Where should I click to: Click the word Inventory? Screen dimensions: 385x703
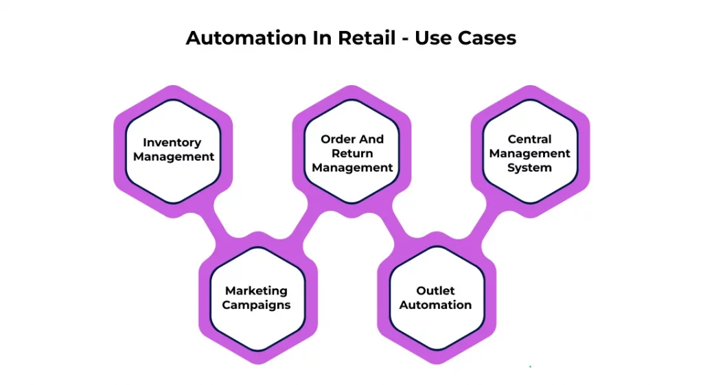172,143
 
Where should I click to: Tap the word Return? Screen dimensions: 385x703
352,153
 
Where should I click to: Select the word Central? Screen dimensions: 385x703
529,139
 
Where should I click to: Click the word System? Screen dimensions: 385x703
529,167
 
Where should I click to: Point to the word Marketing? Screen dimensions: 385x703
256,291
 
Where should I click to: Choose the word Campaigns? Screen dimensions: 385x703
256,305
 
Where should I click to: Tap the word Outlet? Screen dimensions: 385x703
435,291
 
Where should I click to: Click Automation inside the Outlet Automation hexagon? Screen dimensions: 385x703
435,305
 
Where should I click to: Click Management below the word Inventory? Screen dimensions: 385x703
174,156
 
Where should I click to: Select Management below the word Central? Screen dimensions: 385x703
529,154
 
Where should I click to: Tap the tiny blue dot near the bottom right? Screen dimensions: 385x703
530,366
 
